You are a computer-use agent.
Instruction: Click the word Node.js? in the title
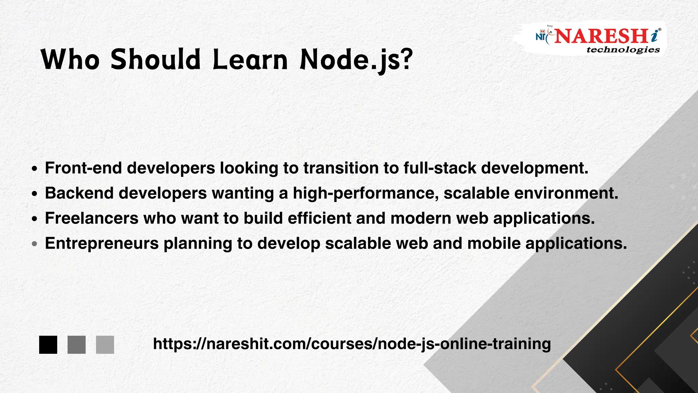[356, 60]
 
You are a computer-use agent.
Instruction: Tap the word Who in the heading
[70, 60]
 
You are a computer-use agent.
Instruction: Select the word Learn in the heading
[250, 60]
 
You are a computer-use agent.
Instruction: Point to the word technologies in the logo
[623, 50]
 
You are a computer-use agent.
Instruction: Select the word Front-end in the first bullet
[84, 168]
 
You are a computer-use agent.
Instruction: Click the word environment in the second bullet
[566, 193]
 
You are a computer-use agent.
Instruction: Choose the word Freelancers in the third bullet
[92, 218]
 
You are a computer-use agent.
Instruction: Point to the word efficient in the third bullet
[319, 218]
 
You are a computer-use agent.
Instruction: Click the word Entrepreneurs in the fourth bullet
[102, 244]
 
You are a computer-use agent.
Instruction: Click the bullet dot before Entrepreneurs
[34, 244]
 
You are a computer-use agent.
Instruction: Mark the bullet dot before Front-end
[34, 169]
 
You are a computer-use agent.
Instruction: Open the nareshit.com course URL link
[352, 344]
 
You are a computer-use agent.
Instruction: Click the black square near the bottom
[48, 345]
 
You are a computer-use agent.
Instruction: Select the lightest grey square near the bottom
[105, 345]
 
